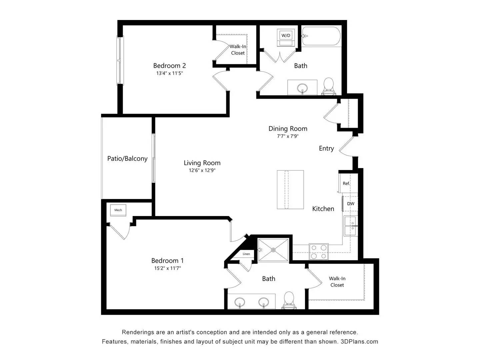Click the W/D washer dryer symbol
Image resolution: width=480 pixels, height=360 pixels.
tap(286, 37)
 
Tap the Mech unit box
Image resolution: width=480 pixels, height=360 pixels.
tap(118, 210)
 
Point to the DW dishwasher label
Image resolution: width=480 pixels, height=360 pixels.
tap(351, 204)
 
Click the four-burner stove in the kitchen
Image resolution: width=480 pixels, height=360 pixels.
tap(319, 252)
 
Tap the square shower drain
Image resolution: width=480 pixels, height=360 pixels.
tap(273, 250)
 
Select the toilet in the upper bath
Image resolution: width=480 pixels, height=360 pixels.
tap(328, 87)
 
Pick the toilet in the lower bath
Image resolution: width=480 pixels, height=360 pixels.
tap(289, 300)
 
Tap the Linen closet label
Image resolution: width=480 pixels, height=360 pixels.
tap(246, 254)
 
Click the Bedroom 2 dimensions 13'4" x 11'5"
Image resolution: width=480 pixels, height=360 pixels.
tap(169, 73)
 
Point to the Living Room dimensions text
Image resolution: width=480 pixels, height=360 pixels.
tap(202, 170)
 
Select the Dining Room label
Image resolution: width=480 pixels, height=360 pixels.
tap(288, 129)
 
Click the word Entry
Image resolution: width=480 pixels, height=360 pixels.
tap(326, 148)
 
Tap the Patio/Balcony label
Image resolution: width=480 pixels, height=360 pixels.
tap(127, 158)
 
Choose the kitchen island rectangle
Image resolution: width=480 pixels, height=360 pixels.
tap(290, 190)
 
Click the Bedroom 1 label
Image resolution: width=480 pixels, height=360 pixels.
tap(167, 261)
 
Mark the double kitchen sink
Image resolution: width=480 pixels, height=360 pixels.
tap(351, 226)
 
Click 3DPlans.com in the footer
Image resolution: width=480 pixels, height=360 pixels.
tap(359, 341)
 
